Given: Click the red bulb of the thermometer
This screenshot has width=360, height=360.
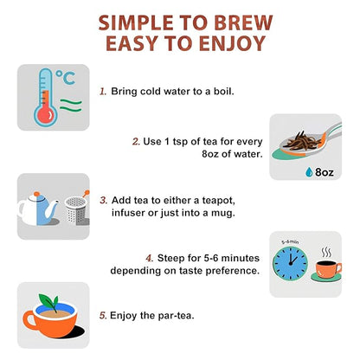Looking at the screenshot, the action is click(x=46, y=115).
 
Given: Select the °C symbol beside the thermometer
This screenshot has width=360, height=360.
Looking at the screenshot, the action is click(x=66, y=77).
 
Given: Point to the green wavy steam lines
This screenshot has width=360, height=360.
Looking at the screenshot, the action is click(x=71, y=106).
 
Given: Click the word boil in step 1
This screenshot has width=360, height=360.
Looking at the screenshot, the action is click(x=223, y=91).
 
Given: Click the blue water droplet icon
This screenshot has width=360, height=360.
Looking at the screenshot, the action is click(x=309, y=171).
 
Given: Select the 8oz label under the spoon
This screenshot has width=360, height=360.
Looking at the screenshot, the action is click(x=325, y=172).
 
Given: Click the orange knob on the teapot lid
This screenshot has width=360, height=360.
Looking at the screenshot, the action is click(x=36, y=194).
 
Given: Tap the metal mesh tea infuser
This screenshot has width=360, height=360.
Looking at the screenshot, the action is click(x=76, y=210).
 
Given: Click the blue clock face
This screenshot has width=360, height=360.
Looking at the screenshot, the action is click(x=290, y=263).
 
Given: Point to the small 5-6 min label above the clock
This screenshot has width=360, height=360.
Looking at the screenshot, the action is click(x=290, y=241).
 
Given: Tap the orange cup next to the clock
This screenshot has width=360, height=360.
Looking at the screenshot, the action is click(x=328, y=269).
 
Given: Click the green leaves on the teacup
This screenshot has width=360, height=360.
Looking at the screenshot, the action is click(x=48, y=302).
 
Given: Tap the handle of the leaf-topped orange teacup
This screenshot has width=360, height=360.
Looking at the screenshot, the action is click(x=29, y=320).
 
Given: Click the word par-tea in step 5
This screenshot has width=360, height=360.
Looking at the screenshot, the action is click(x=176, y=316).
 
